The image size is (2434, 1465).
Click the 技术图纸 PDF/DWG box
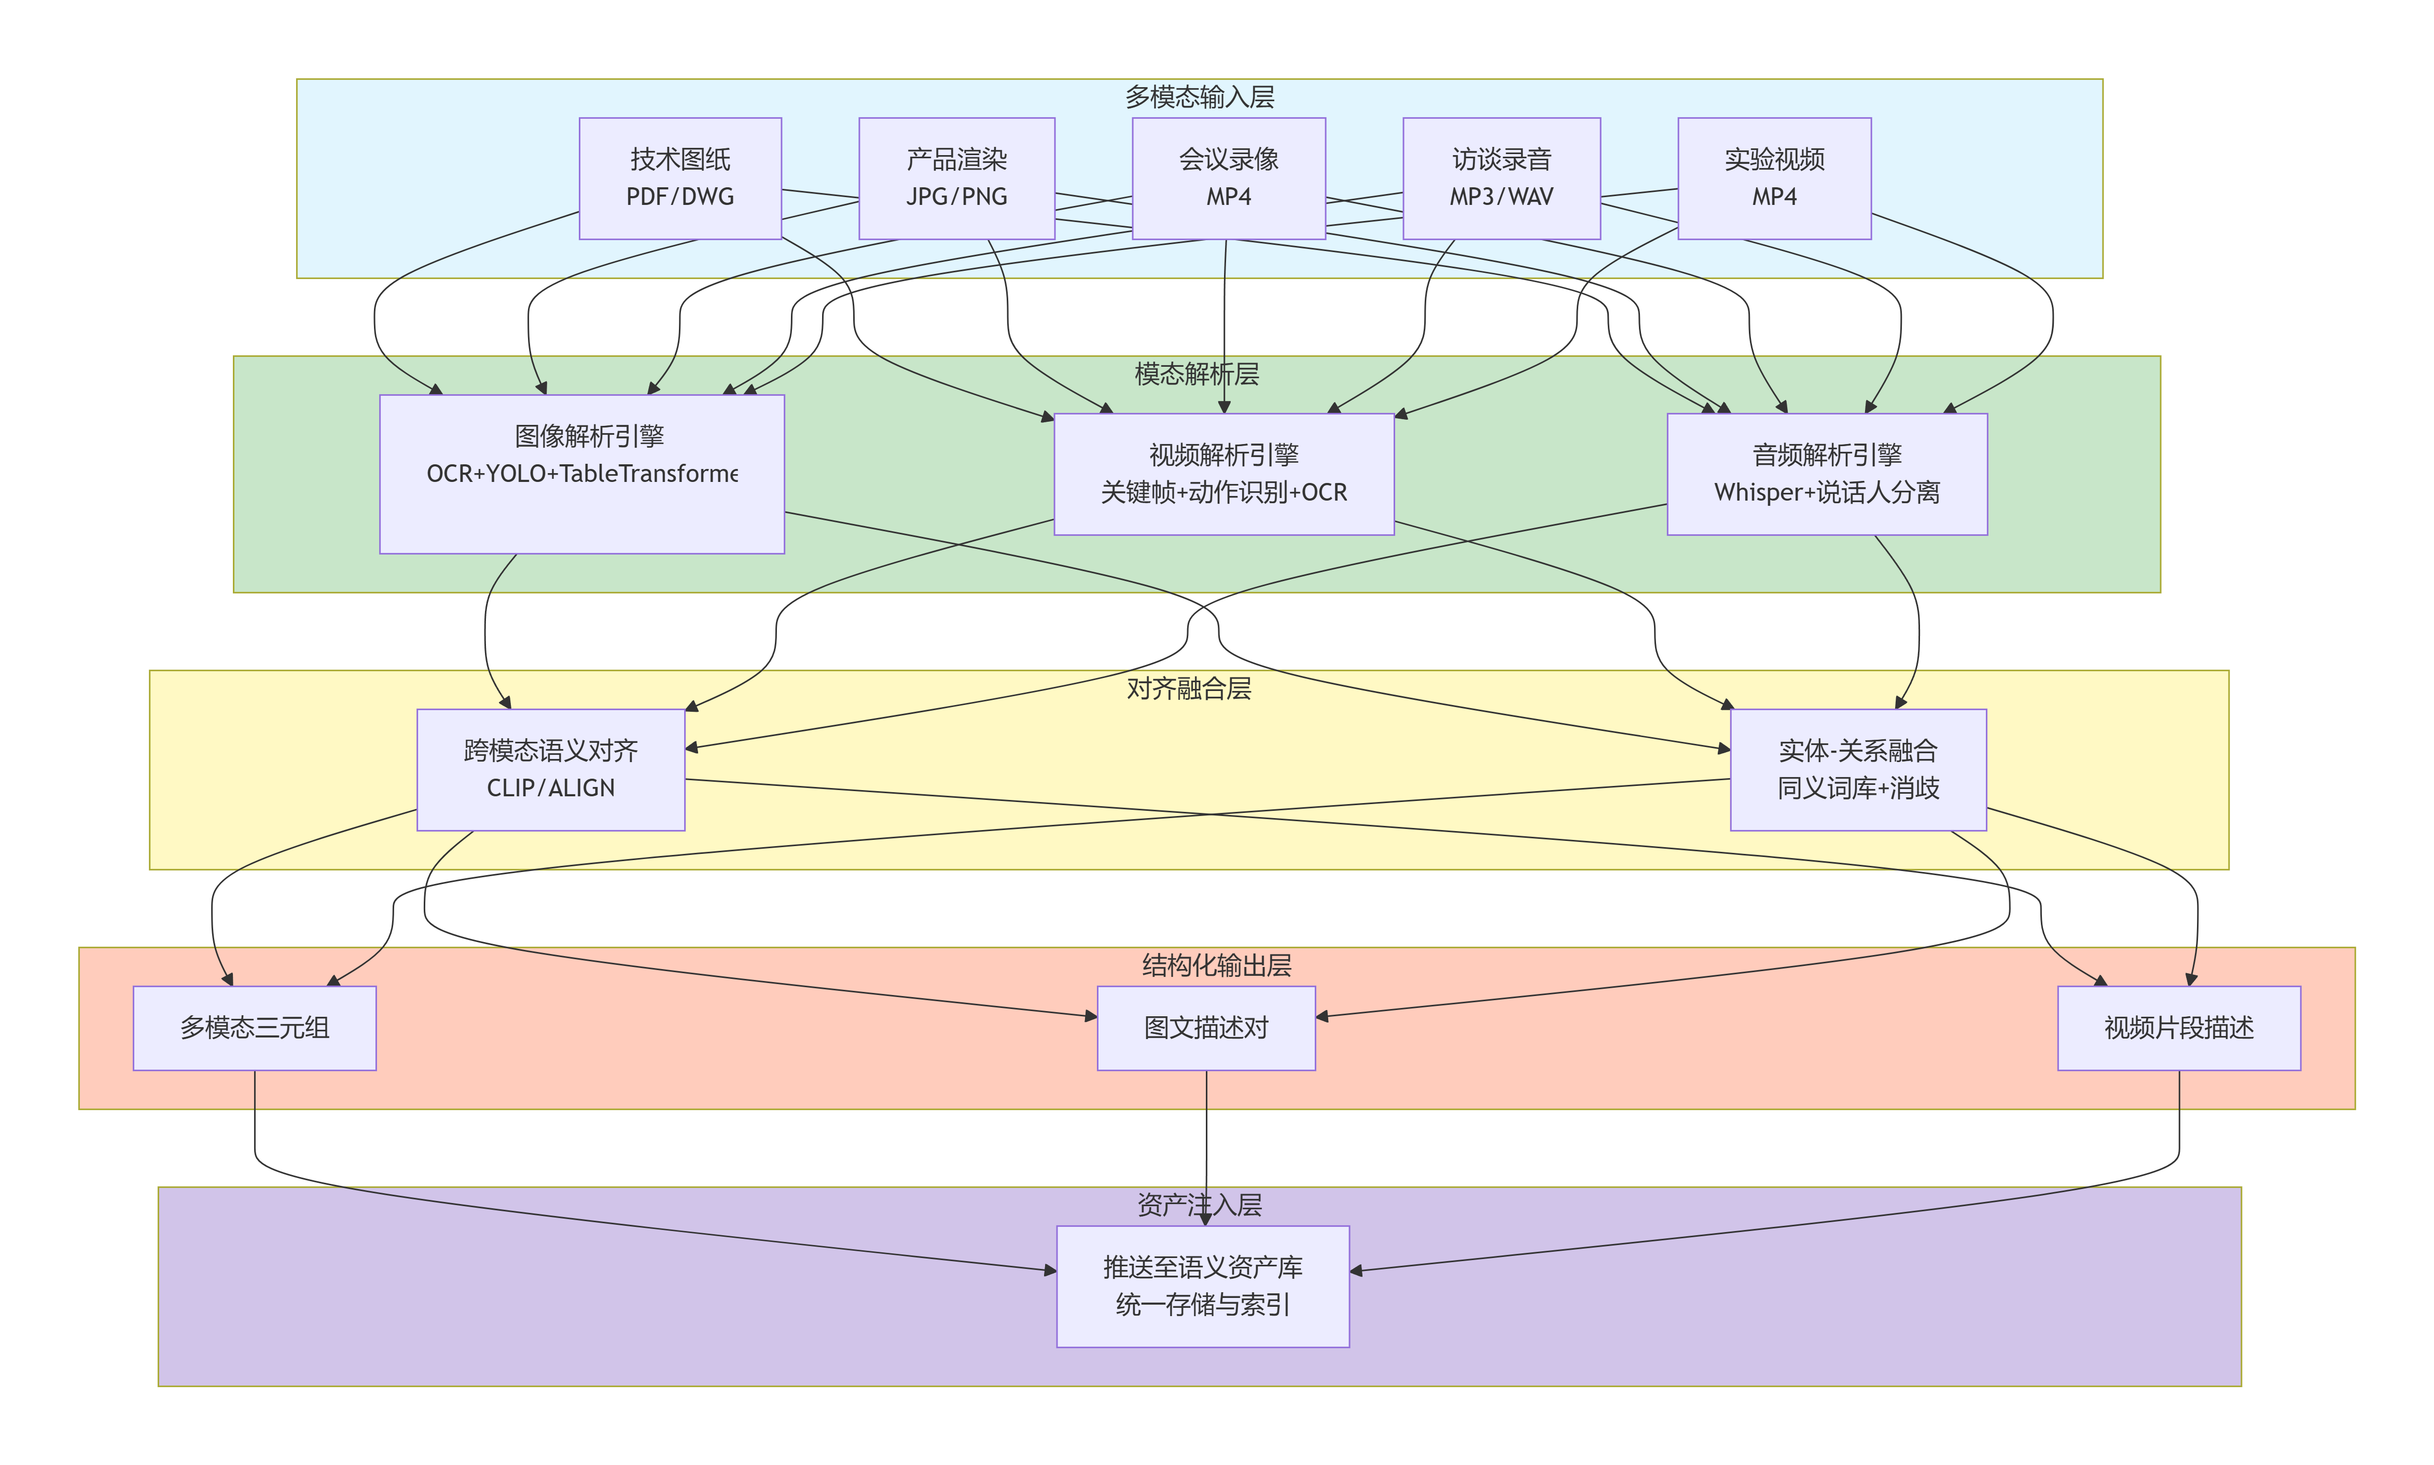[680, 178]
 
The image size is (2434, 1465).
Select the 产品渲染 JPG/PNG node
[956, 178]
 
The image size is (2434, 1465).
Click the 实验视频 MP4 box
[1774, 178]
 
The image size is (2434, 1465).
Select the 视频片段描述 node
[2178, 1028]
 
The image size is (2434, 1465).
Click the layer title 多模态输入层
[1199, 96]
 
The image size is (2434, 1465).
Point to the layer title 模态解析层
[1197, 374]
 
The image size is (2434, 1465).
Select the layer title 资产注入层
[1199, 1205]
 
